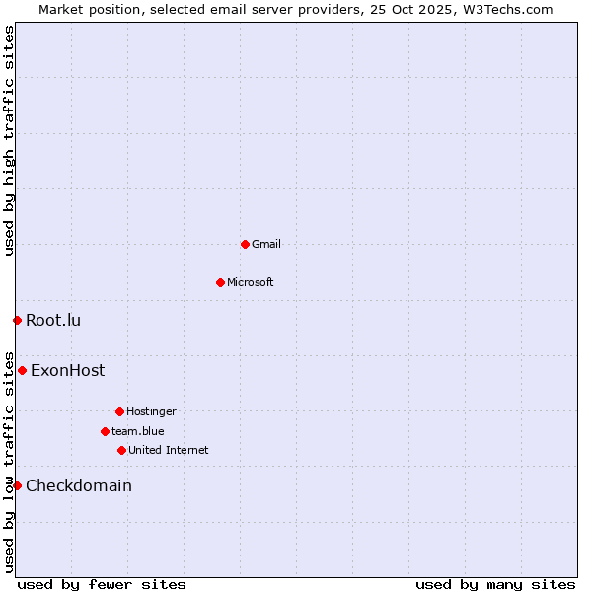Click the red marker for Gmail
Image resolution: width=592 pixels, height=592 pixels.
tap(245, 244)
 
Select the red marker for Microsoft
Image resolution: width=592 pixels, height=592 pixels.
tap(220, 282)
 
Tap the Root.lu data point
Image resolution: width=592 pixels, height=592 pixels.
tap(17, 320)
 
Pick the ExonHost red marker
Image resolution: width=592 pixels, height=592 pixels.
tap(22, 371)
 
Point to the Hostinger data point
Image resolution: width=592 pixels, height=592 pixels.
tap(119, 411)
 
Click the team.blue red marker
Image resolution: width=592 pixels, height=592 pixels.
tap(105, 431)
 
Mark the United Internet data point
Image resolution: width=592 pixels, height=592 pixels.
tap(121, 450)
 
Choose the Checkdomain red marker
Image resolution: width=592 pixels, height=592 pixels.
tap(17, 485)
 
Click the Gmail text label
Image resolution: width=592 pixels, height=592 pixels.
tap(266, 244)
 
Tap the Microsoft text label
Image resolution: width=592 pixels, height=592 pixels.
tap(251, 282)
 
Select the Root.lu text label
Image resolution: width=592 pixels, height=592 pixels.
tap(53, 320)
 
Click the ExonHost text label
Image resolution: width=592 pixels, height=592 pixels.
tap(67, 371)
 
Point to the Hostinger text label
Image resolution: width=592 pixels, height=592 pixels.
tap(151, 411)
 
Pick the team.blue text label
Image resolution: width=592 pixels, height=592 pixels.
tap(138, 431)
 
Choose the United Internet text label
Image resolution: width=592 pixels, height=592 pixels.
tap(169, 450)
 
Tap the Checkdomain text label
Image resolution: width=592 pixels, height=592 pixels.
tap(79, 485)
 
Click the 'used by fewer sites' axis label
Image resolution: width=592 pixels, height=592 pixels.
tap(102, 584)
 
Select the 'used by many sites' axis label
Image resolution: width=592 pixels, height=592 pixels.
tap(495, 584)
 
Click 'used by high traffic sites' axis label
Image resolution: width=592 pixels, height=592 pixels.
tap(10, 140)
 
